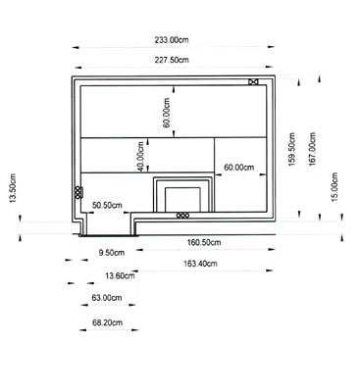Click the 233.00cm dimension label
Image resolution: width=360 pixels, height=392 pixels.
click(172, 40)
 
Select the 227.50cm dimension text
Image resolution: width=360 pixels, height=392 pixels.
click(172, 60)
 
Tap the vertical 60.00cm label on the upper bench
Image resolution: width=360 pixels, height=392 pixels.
click(167, 113)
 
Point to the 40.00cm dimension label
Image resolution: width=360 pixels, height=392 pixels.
click(140, 157)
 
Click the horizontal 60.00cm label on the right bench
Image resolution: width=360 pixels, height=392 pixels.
click(239, 168)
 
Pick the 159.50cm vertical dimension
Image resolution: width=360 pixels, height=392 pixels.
click(291, 149)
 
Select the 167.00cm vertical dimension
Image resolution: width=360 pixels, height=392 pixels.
click(313, 149)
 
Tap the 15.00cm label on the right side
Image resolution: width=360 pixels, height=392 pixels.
click(334, 187)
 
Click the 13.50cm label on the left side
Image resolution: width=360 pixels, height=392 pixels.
click(13, 188)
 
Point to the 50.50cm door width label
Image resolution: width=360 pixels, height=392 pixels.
click(107, 205)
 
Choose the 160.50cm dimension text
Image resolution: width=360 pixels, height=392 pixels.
click(204, 242)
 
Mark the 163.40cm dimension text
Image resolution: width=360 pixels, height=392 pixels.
click(200, 264)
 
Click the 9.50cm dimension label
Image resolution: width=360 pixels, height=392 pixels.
click(112, 253)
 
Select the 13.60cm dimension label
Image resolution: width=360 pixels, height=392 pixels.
click(120, 276)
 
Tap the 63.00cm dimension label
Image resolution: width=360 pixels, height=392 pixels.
click(107, 298)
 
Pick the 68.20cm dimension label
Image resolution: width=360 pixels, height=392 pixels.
click(107, 322)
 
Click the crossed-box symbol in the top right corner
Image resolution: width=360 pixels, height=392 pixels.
click(253, 82)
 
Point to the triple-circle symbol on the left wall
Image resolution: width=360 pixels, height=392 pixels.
click(78, 192)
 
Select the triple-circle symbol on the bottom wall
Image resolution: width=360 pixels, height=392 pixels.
click(182, 216)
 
